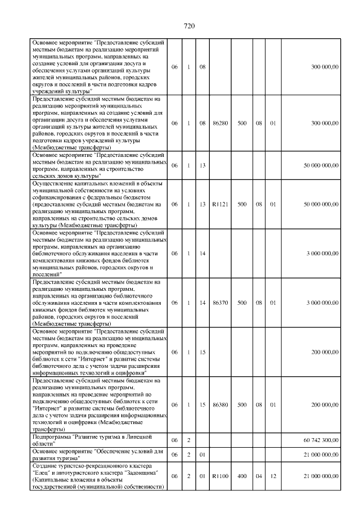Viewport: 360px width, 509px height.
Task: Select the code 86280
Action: pos(220,123)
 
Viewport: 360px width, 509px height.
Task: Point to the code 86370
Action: pos(220,303)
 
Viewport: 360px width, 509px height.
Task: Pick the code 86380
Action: pos(220,404)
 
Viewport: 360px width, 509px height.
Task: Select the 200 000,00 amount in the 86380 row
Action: pos(325,404)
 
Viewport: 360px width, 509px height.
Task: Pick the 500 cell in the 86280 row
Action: pos(242,123)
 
